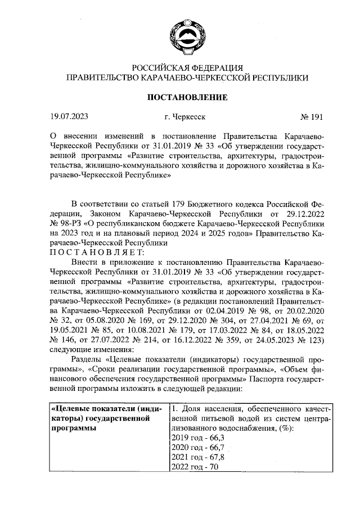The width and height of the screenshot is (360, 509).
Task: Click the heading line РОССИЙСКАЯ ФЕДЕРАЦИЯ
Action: tap(187, 69)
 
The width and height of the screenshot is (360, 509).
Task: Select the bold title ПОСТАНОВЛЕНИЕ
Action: tap(187, 97)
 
